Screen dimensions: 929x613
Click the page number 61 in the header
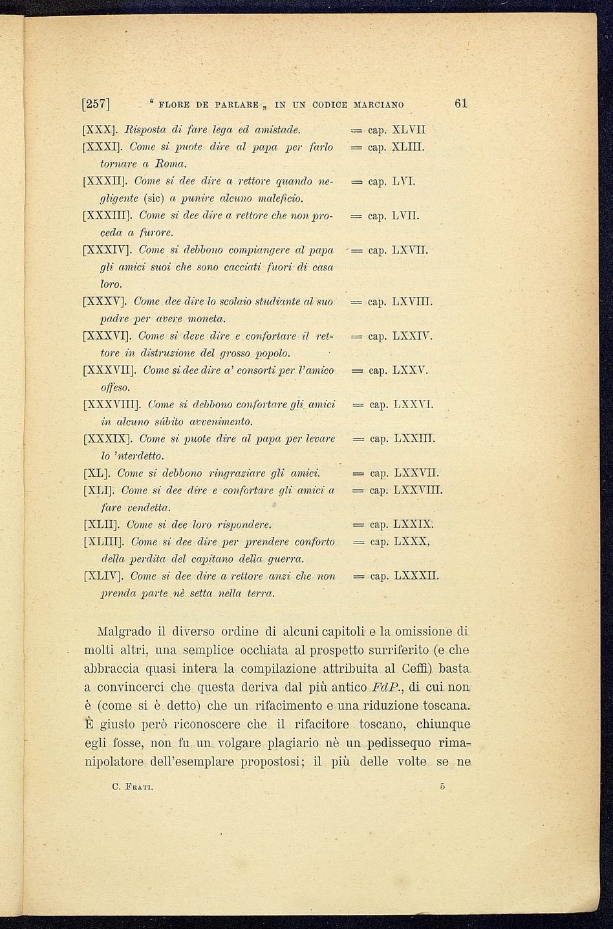pos(461,104)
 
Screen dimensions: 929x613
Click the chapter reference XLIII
pos(408,148)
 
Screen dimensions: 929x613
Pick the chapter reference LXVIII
pos(413,302)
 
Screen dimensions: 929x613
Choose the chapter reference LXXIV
pos(413,336)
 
